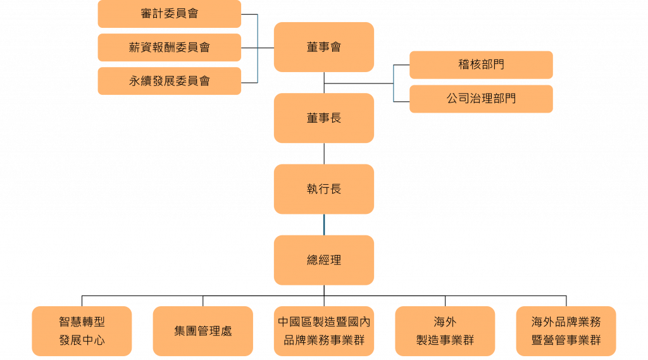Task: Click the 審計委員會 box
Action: tap(169, 14)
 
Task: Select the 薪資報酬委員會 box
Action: tap(169, 47)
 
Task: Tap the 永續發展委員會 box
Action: tap(169, 81)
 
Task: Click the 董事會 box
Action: tap(323, 47)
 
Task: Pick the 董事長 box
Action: tap(323, 118)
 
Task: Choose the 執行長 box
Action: tap(323, 189)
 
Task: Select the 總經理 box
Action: tap(323, 260)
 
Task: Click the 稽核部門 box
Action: tap(481, 65)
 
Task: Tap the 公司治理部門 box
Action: tap(481, 99)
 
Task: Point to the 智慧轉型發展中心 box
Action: tap(82, 331)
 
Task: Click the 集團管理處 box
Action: tap(202, 331)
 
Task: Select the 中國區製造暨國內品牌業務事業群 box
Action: tap(323, 331)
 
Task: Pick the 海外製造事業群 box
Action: tap(445, 331)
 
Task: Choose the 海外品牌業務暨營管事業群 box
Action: tap(566, 331)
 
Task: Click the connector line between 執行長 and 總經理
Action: tap(324, 225)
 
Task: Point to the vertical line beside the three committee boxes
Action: tap(258, 48)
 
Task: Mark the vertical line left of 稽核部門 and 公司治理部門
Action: tap(393, 83)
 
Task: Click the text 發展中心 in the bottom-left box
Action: tap(82, 340)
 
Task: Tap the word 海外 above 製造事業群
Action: tap(445, 322)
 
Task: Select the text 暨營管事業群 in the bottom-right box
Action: tap(566, 340)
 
